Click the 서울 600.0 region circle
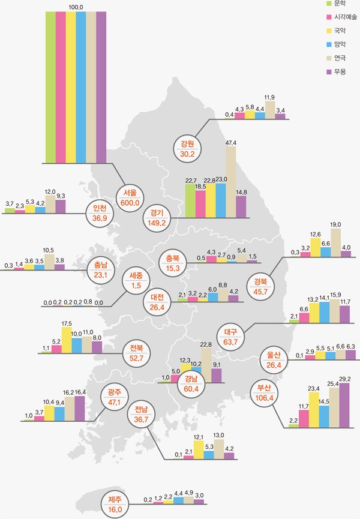pyautogui.click(x=130, y=198)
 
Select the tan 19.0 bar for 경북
pyautogui.click(x=335, y=242)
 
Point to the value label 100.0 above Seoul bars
pyautogui.click(x=76, y=7)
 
